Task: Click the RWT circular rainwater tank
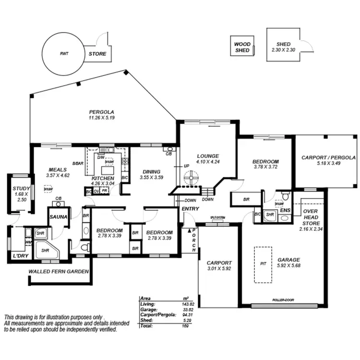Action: [x=62, y=54]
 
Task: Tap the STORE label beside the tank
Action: [x=97, y=54]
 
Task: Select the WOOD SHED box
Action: [x=242, y=47]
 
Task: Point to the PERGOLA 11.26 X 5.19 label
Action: [x=101, y=115]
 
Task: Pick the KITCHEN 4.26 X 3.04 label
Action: [x=103, y=180]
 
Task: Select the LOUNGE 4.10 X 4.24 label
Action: [x=208, y=159]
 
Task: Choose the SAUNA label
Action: [x=58, y=217]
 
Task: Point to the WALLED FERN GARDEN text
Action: [x=59, y=271]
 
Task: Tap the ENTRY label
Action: [x=190, y=209]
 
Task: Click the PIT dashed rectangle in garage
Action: [x=263, y=264]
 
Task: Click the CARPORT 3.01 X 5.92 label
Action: [x=219, y=266]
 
